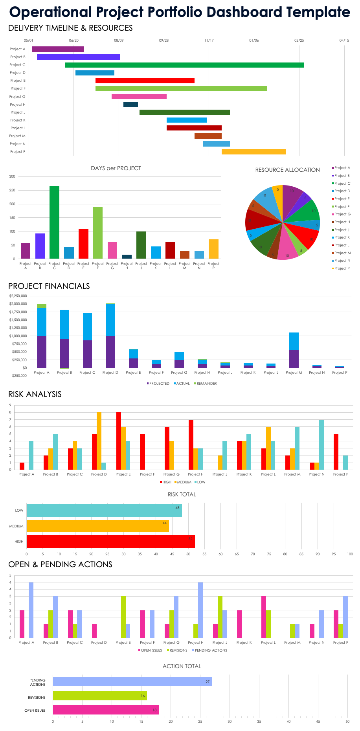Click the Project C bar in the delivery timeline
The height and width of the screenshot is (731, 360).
[184, 65]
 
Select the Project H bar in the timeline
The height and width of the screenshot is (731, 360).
[130, 104]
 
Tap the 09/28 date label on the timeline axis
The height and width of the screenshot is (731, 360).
[164, 40]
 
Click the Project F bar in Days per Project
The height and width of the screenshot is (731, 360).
[98, 232]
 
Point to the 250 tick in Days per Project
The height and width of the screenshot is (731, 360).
[12, 190]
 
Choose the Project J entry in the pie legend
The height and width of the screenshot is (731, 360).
[341, 230]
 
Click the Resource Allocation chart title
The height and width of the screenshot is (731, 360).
[287, 170]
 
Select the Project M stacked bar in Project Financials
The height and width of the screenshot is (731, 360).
[294, 350]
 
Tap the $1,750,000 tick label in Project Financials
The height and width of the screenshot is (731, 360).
[18, 312]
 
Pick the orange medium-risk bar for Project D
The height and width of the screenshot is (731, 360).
[99, 441]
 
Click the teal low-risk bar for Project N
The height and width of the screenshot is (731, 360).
[321, 444]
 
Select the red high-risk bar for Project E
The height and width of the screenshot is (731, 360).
[119, 441]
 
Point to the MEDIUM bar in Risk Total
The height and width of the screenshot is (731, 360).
[97, 526]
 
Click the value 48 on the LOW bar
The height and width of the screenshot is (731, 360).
[178, 508]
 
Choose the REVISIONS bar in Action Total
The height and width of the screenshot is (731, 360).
[100, 696]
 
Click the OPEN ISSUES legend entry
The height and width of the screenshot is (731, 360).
[150, 650]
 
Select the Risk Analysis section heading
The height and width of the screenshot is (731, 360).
[35, 394]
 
